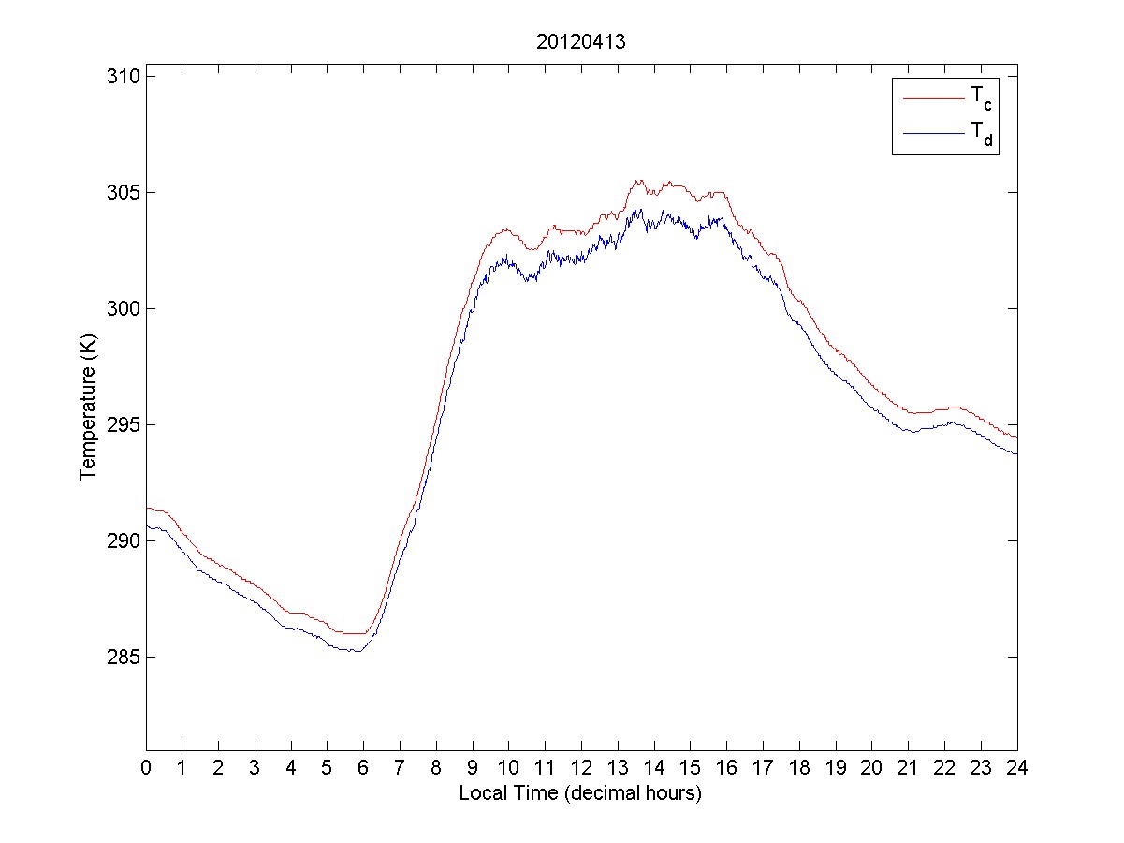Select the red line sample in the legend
click(x=932, y=97)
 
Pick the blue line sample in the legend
click(x=932, y=135)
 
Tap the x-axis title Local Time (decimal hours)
click(x=580, y=793)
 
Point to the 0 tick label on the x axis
click(x=146, y=767)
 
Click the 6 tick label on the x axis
click(x=364, y=767)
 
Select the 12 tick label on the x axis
click(x=581, y=767)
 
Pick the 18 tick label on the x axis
click(x=799, y=767)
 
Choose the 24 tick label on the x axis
click(x=1016, y=767)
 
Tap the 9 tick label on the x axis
click(x=473, y=767)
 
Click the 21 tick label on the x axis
click(x=908, y=767)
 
